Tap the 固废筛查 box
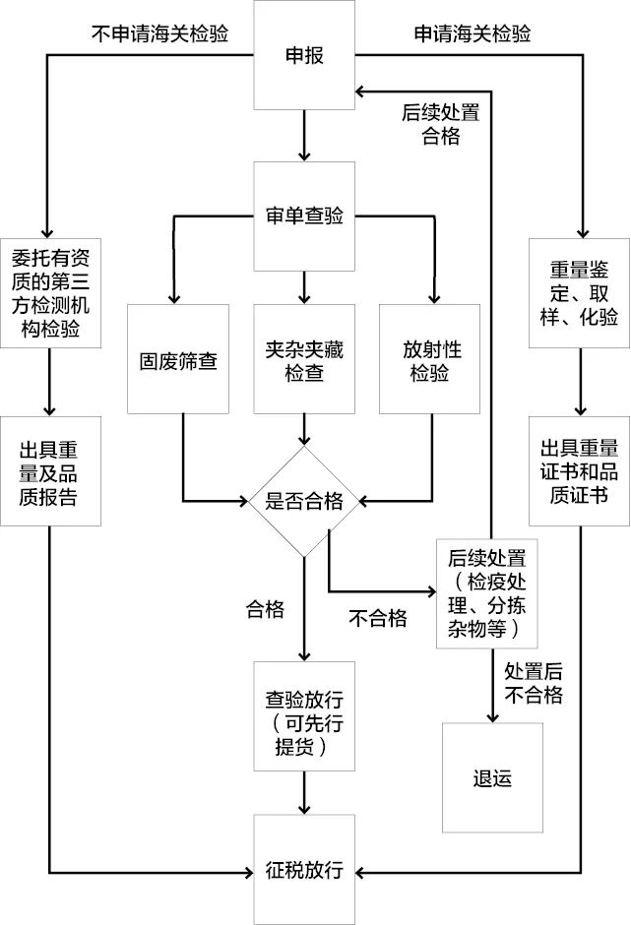(x=177, y=359)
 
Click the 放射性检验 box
(x=430, y=359)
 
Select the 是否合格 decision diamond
(x=304, y=502)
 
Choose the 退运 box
(x=491, y=777)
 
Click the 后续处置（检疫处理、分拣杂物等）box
(x=491, y=592)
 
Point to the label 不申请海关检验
(x=159, y=33)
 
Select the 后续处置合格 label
(x=440, y=124)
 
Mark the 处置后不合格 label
(x=533, y=683)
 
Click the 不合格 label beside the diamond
(x=378, y=618)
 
